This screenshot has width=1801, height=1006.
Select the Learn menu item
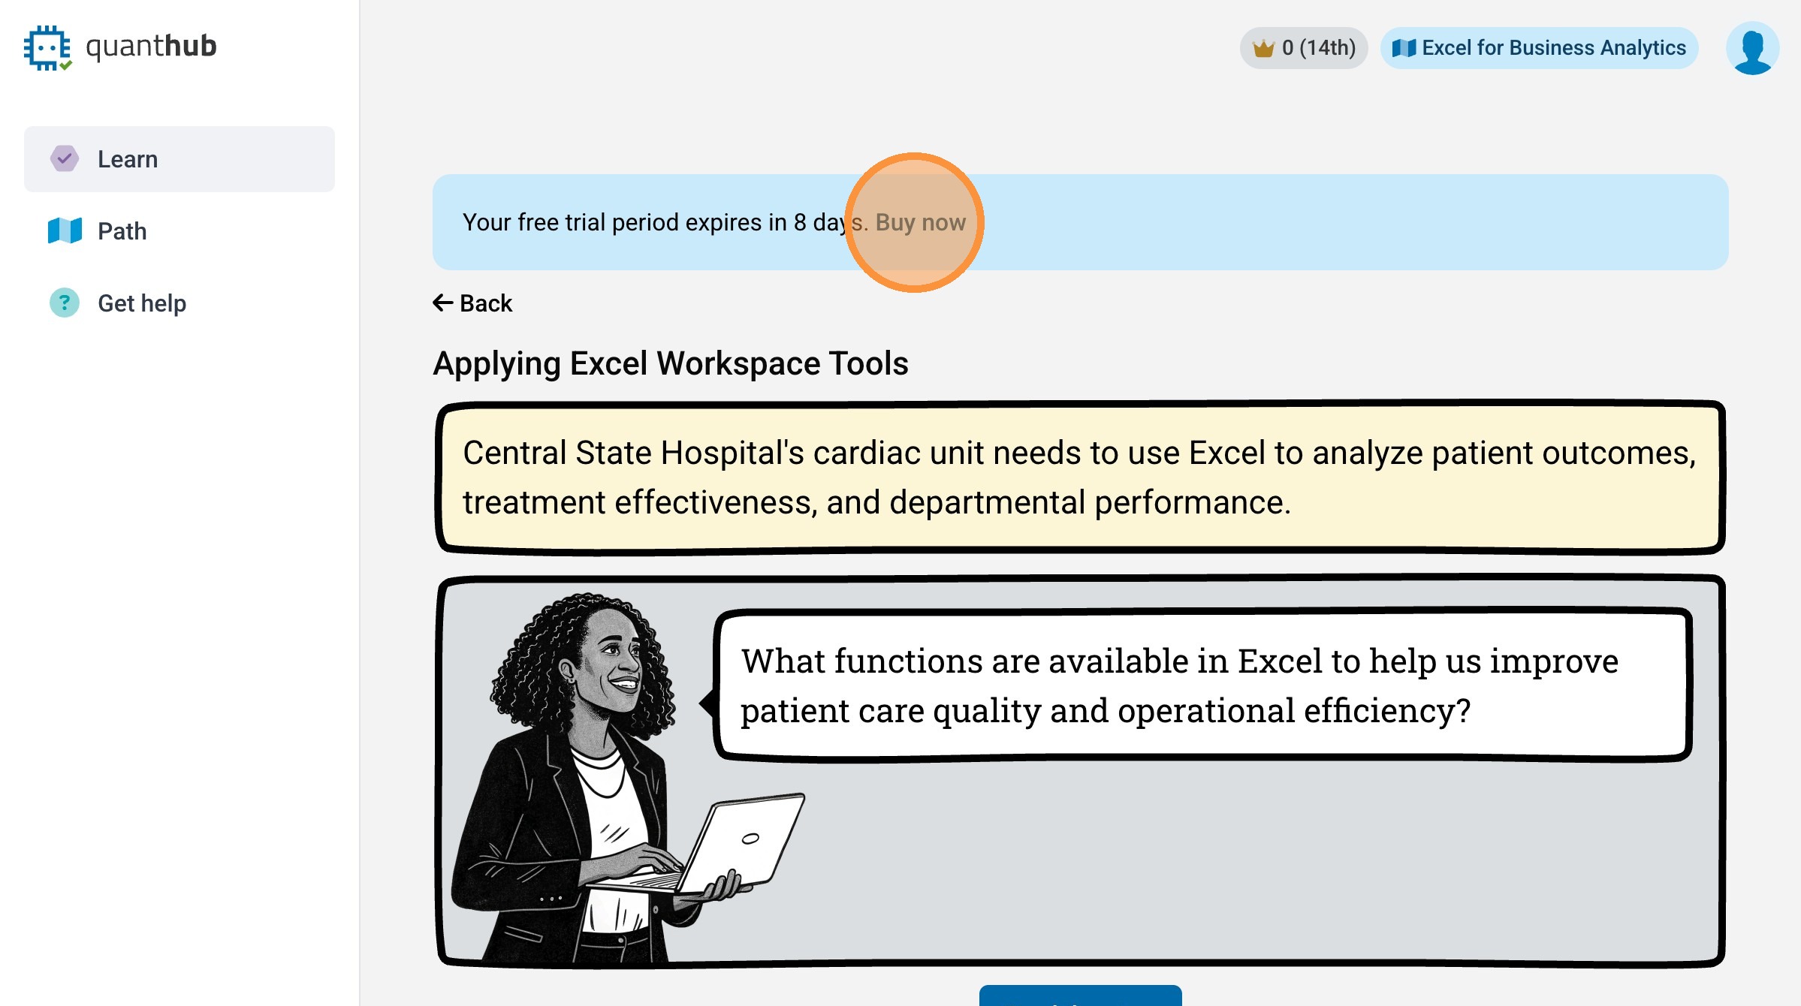pyautogui.click(x=179, y=159)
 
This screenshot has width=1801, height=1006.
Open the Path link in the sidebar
pyautogui.click(x=122, y=231)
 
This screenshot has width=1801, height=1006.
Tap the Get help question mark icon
pyautogui.click(x=65, y=303)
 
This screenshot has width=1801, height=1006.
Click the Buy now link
pyautogui.click(x=921, y=222)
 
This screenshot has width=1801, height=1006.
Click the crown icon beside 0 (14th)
pyautogui.click(x=1263, y=48)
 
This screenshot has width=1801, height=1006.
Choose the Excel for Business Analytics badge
pyautogui.click(x=1539, y=48)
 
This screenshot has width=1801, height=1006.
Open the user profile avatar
pyautogui.click(x=1752, y=48)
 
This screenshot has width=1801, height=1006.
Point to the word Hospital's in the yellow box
pyautogui.click(x=732, y=453)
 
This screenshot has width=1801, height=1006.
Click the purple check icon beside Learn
pyautogui.click(x=65, y=158)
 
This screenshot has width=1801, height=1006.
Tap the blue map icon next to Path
pyautogui.click(x=65, y=230)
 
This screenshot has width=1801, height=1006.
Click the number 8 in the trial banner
pyautogui.click(x=800, y=222)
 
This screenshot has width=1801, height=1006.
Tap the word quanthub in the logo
pyautogui.click(x=152, y=47)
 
